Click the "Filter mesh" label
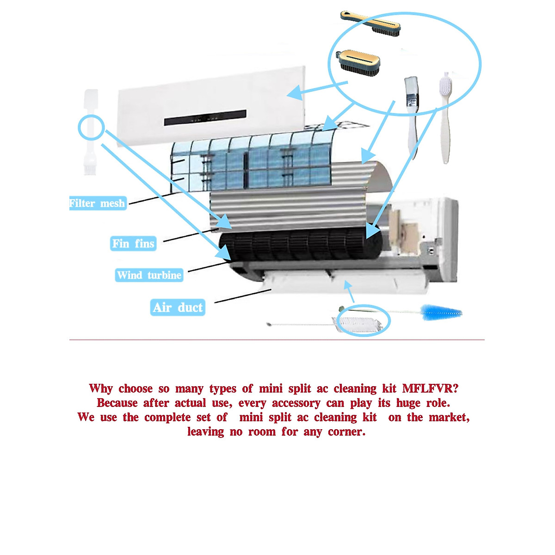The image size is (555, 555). (x=97, y=203)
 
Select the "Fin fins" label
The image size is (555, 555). (x=133, y=243)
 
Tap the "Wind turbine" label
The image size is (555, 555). (x=149, y=275)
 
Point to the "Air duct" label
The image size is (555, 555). (x=178, y=308)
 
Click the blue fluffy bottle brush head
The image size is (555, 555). (x=441, y=312)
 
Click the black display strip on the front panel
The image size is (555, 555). (x=205, y=118)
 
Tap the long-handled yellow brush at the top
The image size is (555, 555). (x=370, y=23)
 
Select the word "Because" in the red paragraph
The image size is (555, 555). (x=117, y=403)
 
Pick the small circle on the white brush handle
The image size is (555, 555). (x=90, y=127)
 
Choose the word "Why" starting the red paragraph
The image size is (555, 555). (x=101, y=388)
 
